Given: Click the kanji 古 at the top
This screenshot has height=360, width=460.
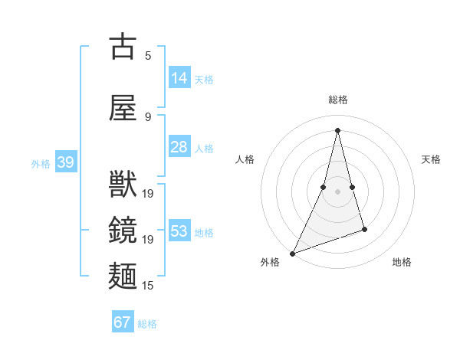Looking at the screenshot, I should (123, 47).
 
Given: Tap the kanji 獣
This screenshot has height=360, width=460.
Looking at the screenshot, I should (123, 185).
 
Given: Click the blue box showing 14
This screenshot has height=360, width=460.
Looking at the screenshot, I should (179, 77).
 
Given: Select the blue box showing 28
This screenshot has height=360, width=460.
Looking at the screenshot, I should (179, 147).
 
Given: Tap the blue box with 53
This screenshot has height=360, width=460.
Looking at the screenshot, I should (179, 231).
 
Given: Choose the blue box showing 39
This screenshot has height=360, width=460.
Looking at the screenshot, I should (65, 162).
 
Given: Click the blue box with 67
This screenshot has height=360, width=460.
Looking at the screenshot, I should (123, 322).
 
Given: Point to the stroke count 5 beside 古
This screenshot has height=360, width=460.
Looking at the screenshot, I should (148, 55).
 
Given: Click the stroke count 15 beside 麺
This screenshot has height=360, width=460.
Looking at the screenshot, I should (148, 286).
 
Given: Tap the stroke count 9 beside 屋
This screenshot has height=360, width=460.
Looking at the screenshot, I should (148, 116).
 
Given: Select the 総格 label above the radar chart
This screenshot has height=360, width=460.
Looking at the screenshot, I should (337, 100).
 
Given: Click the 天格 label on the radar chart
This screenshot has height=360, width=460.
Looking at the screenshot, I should (432, 159).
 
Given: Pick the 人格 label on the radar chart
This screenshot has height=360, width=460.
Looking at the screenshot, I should (245, 159).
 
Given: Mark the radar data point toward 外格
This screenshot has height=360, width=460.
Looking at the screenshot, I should (292, 253).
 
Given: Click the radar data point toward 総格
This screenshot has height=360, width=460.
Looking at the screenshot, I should (337, 130).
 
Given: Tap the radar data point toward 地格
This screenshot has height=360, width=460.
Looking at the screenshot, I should (364, 229).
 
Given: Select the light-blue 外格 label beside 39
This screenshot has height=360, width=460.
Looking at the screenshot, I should (41, 163).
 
